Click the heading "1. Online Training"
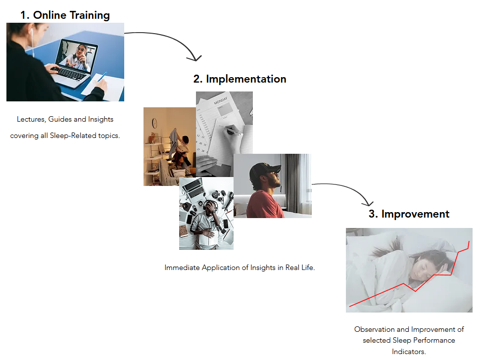[65, 15]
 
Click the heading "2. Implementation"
[240, 79]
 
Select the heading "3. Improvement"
[409, 214]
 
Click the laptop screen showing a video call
[78, 56]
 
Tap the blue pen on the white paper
[102, 76]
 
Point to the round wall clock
[154, 123]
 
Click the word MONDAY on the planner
[220, 100]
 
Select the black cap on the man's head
[263, 169]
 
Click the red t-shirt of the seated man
[264, 204]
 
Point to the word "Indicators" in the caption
[408, 352]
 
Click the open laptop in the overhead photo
[193, 187]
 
